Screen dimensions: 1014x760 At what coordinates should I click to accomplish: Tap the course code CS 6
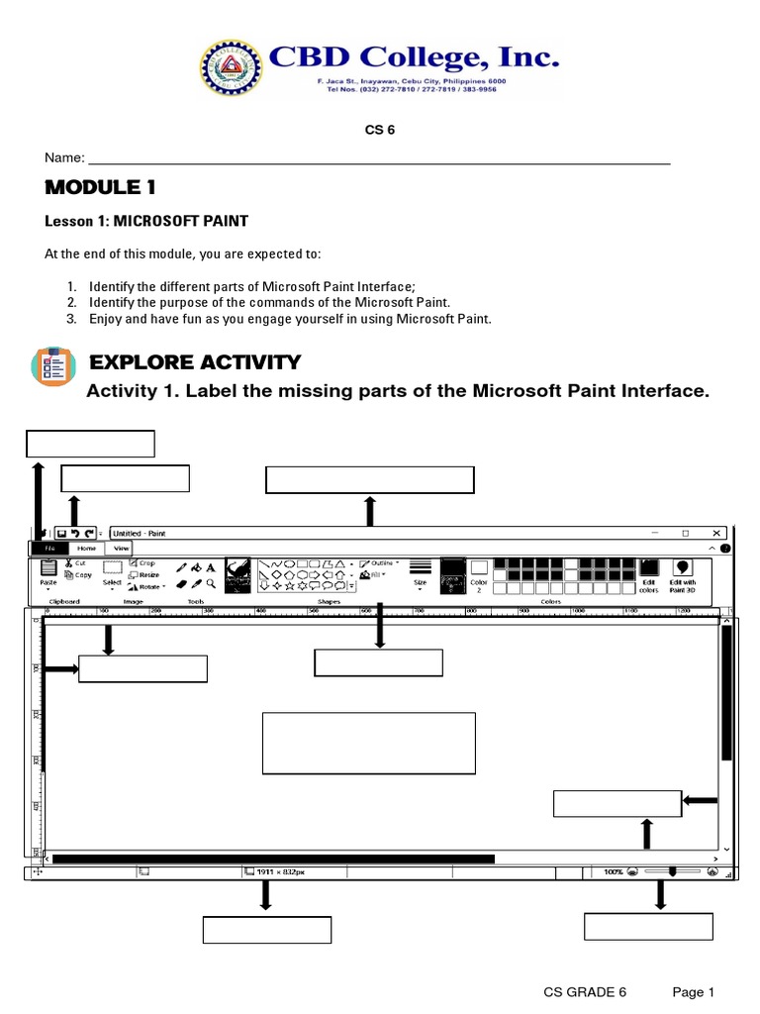(x=381, y=130)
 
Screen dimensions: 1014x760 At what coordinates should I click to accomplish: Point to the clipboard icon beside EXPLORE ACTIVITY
(x=48, y=366)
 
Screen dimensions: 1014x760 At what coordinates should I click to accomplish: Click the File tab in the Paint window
(x=48, y=548)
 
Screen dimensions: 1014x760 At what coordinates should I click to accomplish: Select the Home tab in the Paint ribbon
(x=87, y=548)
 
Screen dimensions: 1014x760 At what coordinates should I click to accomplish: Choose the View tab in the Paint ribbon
(x=121, y=548)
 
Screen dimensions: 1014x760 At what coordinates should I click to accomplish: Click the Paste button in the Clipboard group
(x=48, y=573)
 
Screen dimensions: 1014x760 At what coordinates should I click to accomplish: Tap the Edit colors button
(x=648, y=573)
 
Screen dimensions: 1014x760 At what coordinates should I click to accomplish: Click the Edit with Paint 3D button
(x=683, y=573)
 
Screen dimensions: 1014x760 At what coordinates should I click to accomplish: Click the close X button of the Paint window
(x=715, y=533)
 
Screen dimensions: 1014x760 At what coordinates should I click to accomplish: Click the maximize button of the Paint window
(x=685, y=533)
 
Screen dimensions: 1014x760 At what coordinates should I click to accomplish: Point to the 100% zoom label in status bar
(x=614, y=872)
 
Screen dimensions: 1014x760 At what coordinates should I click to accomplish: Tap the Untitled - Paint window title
(x=141, y=533)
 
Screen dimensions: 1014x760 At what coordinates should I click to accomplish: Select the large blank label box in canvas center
(x=368, y=743)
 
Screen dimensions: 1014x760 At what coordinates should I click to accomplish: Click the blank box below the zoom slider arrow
(x=648, y=926)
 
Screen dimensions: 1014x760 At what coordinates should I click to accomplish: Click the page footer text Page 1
(x=693, y=992)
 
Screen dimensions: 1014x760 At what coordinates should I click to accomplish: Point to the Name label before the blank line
(x=63, y=159)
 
